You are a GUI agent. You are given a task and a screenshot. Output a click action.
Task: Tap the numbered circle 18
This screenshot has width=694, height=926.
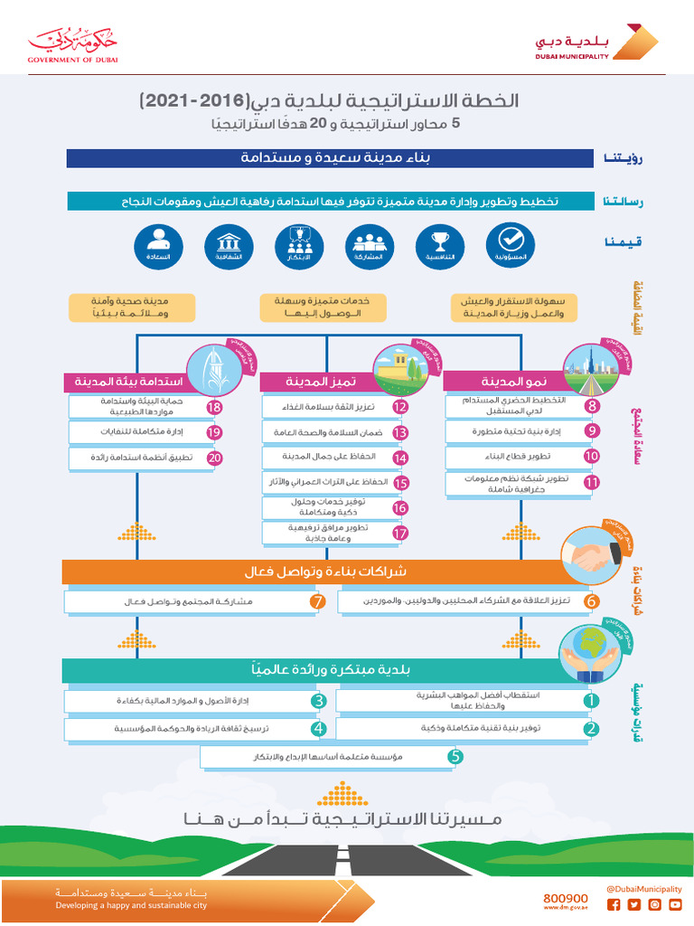pyautogui.click(x=214, y=407)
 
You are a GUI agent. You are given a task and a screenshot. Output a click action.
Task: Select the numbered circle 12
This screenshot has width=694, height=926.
pyautogui.click(x=400, y=407)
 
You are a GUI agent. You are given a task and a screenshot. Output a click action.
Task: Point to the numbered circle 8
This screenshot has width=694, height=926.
pyautogui.click(x=592, y=406)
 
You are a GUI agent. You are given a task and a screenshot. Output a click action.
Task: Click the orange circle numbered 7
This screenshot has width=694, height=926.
pyautogui.click(x=317, y=601)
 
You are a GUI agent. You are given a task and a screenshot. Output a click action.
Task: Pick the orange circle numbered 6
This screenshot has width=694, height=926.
pyautogui.click(x=591, y=601)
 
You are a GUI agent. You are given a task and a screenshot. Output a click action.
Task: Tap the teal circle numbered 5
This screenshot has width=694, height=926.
pyautogui.click(x=455, y=756)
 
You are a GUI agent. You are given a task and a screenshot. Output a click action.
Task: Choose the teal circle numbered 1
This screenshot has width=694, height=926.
pyautogui.click(x=591, y=700)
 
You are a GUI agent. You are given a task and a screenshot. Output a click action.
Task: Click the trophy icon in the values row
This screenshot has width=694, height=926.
pyautogui.click(x=440, y=245)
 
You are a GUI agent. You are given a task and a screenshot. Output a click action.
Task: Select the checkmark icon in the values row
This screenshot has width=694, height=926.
pyautogui.click(x=511, y=245)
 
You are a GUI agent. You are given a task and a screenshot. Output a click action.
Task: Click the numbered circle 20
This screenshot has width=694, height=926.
pyautogui.click(x=214, y=458)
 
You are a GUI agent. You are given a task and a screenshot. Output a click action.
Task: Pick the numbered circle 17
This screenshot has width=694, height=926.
pyautogui.click(x=400, y=533)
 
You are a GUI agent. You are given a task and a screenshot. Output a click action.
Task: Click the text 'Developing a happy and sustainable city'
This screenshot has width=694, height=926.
pyautogui.click(x=131, y=904)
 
